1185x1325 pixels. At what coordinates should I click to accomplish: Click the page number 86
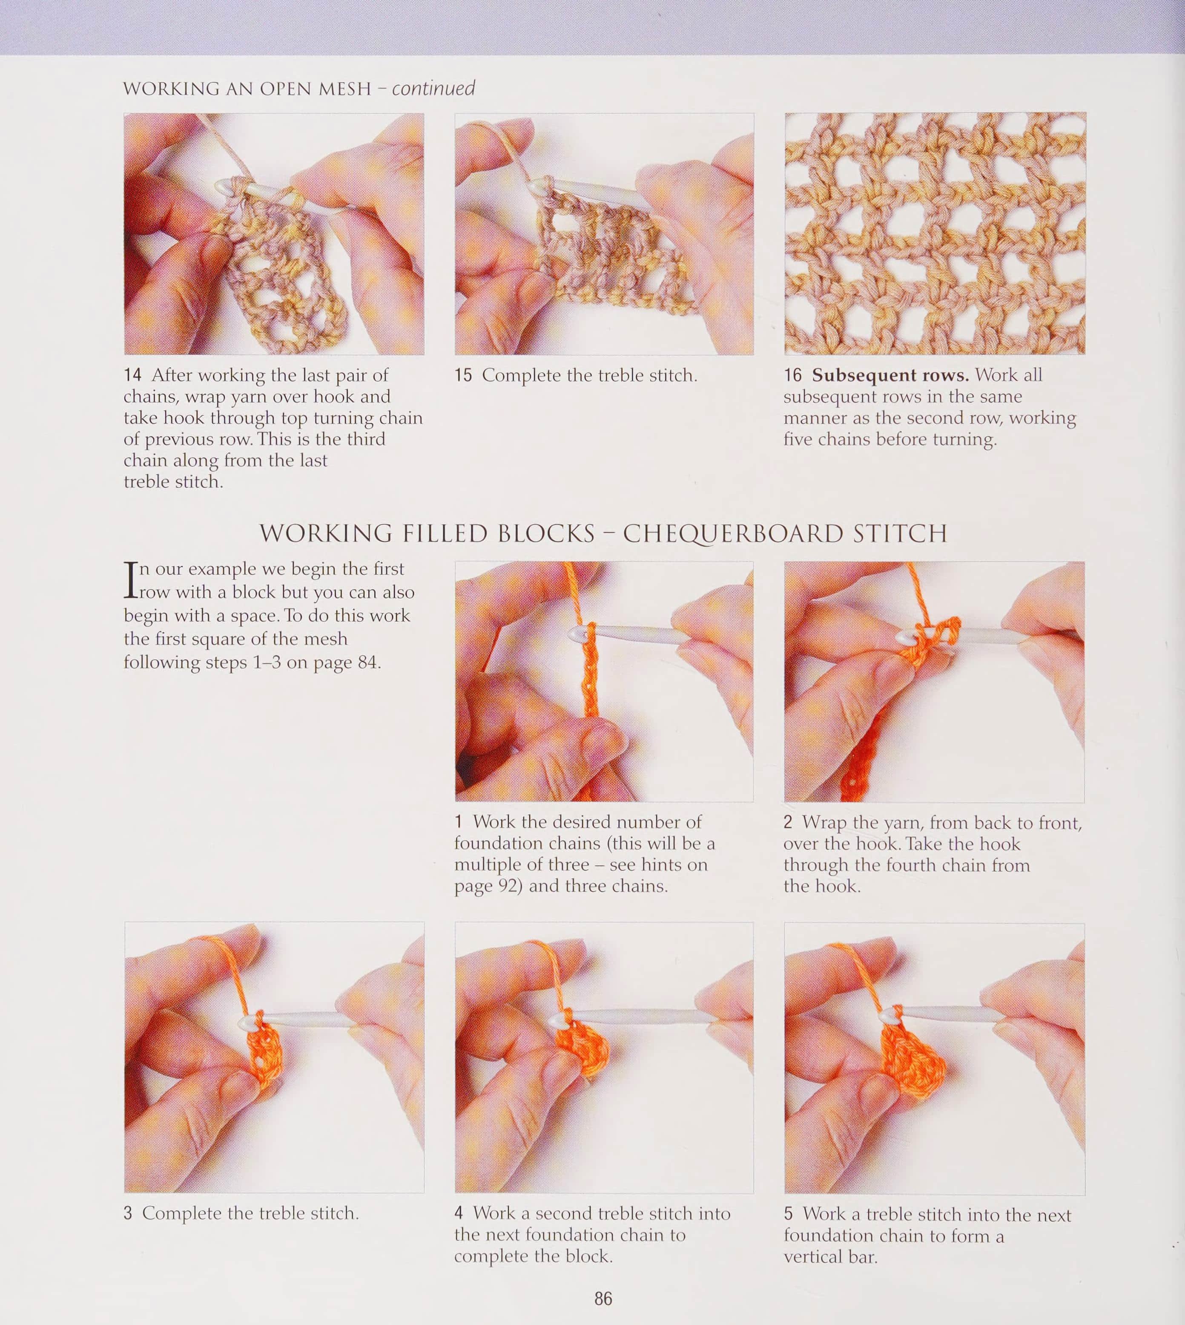(603, 1298)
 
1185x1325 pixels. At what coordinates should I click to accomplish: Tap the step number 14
(133, 375)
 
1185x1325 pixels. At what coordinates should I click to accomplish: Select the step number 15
(463, 375)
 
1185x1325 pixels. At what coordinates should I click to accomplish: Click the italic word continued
(433, 88)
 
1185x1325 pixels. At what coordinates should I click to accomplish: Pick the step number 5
(789, 1214)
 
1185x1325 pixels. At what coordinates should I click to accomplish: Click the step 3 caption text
(241, 1213)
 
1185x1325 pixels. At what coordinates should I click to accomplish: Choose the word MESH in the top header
(344, 89)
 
